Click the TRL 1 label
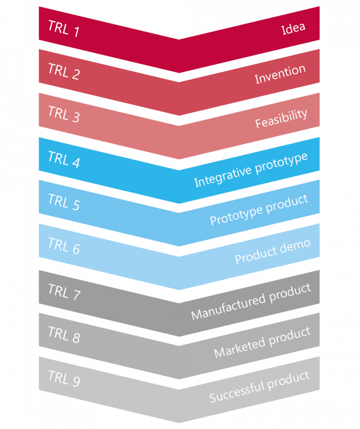(64, 28)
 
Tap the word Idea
(293, 28)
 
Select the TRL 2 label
(64, 71)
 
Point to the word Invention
(280, 74)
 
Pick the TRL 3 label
(64, 114)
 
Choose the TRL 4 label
(64, 159)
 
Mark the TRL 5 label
(64, 202)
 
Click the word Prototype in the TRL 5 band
(236, 215)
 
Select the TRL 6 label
(64, 246)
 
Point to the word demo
(295, 246)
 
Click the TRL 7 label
(64, 292)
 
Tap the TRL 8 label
(64, 334)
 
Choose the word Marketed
(240, 347)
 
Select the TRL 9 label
(64, 378)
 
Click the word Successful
(237, 392)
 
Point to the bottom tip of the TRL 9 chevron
(179, 423)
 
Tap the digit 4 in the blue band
(76, 163)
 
